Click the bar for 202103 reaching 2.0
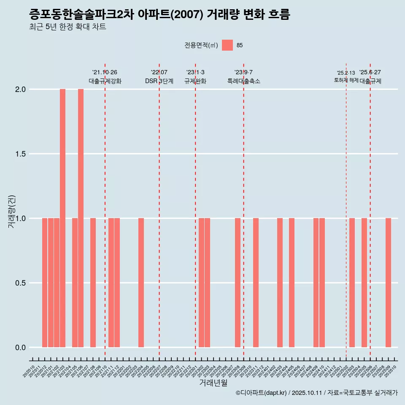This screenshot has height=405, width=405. pos(62,218)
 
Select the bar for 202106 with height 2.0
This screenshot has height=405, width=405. pos(81,218)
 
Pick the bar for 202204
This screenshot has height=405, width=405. pos(141,283)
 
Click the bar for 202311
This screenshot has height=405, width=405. pos(256,283)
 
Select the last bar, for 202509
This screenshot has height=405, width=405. pos(388,283)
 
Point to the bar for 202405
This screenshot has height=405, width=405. pos(292,283)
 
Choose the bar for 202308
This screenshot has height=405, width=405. pos(238,283)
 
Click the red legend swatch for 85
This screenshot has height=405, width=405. pos(227,45)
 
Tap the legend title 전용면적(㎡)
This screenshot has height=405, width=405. pos(201,45)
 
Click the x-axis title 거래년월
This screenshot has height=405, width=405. pos(213,383)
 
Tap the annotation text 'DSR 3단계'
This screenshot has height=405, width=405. pos(159,81)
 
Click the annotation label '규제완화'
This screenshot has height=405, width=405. pos(195,81)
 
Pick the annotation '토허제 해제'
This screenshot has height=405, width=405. pos(346,80)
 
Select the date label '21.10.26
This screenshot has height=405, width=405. pos(105,72)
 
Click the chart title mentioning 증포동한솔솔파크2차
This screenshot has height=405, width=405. pos(159,15)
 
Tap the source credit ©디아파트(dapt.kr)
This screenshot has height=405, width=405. pos(262,393)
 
